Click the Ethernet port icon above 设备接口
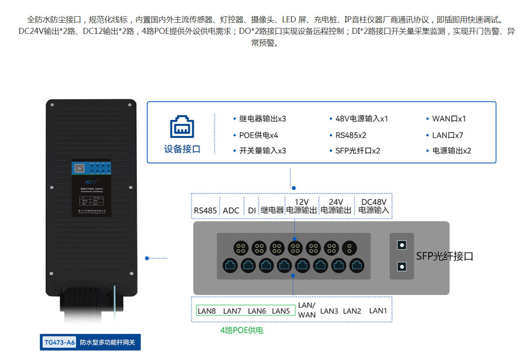(x=182, y=127)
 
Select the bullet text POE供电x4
(x=258, y=135)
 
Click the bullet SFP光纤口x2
(x=358, y=151)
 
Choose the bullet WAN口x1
(x=449, y=119)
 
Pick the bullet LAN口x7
(x=448, y=135)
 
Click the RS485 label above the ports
(x=205, y=210)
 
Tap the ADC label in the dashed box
(x=231, y=210)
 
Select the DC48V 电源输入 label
(x=374, y=206)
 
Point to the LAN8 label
(x=207, y=311)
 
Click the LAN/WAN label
(x=307, y=310)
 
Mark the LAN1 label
(x=378, y=310)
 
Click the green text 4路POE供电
(x=242, y=330)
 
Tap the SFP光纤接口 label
(x=445, y=257)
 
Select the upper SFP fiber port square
(x=402, y=245)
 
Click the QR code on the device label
(x=79, y=168)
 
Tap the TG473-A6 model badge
(x=60, y=342)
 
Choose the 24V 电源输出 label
(x=336, y=206)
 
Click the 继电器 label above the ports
(x=272, y=210)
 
